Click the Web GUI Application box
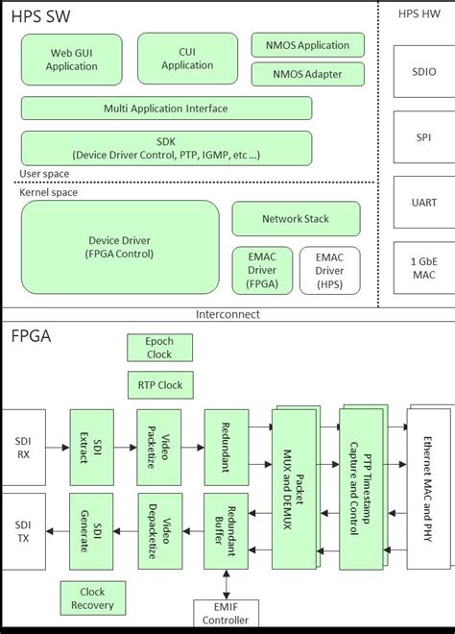(x=72, y=59)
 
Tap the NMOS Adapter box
(x=307, y=74)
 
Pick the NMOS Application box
(x=307, y=44)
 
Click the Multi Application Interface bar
(x=166, y=109)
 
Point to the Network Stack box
(x=295, y=219)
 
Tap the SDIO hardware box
(x=424, y=72)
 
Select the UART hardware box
(x=424, y=202)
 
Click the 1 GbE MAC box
(x=424, y=268)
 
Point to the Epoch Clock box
(x=158, y=348)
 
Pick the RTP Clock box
(x=158, y=385)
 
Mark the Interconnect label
(x=227, y=314)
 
